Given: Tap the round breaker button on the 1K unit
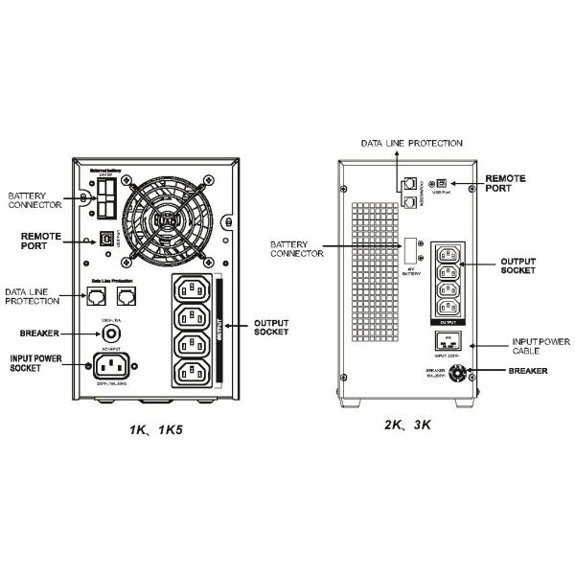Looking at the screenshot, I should click(114, 333).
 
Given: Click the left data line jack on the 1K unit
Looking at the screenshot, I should click(98, 297).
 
